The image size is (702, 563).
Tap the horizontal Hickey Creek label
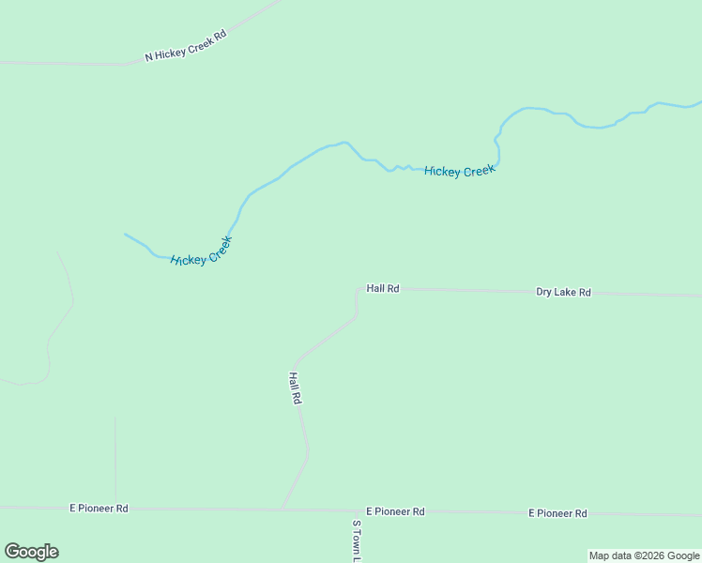tap(459, 171)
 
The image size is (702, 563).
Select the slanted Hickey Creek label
tap(201, 251)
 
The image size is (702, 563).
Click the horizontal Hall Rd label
tap(383, 289)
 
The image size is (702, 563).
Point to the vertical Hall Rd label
tap(295, 388)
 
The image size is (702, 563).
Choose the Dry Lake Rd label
tap(563, 292)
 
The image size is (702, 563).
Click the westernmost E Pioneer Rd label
tap(99, 508)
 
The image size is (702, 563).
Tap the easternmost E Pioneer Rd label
tap(557, 513)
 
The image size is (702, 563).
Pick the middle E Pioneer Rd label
tap(395, 511)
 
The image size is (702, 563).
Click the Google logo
tap(31, 552)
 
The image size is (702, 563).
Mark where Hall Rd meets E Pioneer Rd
tap(282, 510)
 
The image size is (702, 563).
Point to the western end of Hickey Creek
tap(125, 234)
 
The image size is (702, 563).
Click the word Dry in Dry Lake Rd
tap(545, 292)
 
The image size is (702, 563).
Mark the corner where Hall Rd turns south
tap(358, 290)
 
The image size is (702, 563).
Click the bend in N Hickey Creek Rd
tap(129, 64)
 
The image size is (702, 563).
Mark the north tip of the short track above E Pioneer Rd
tap(115, 418)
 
